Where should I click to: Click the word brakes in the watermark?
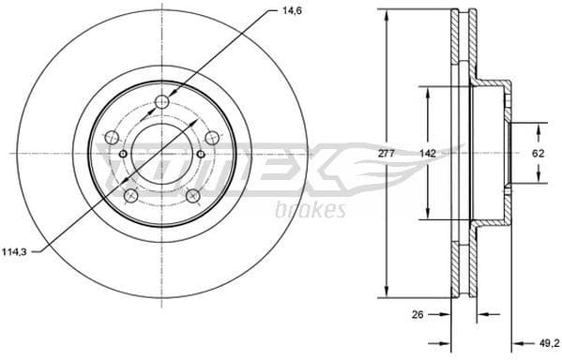click(x=310, y=209)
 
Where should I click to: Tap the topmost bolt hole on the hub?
click(x=162, y=101)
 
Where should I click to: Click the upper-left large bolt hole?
click(x=113, y=135)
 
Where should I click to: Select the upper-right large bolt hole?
click(x=211, y=135)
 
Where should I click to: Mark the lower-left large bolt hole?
click(x=131, y=195)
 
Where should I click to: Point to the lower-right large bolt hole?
click(x=192, y=195)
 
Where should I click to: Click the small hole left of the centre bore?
click(x=123, y=153)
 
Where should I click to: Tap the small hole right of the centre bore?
click(x=201, y=153)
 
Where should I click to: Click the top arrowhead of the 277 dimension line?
click(x=387, y=14)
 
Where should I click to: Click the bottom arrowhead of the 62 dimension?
click(x=539, y=177)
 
